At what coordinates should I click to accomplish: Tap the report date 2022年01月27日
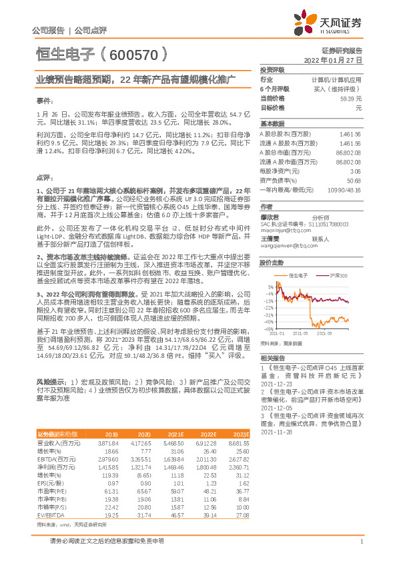coord(332,60)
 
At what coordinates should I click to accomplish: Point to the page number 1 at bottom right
coord(361,540)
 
